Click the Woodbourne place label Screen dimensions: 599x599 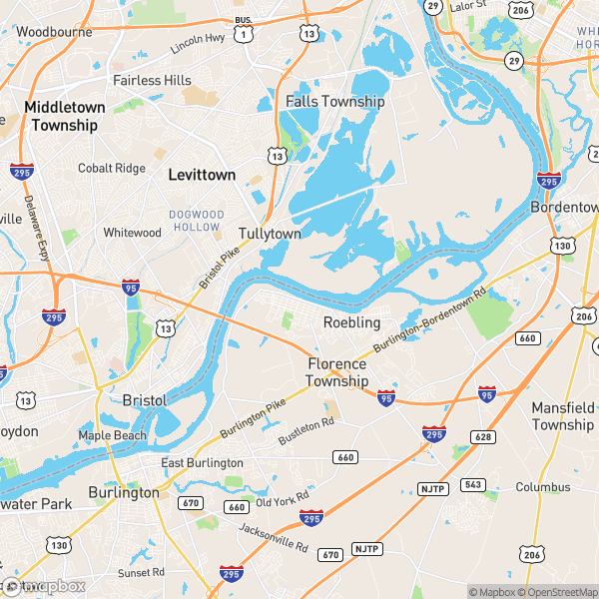click(x=54, y=32)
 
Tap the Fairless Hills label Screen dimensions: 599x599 click(x=152, y=80)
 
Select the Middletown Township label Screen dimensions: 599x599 click(x=64, y=116)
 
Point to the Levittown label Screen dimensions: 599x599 click(x=202, y=175)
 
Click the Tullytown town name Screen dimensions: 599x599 click(x=270, y=234)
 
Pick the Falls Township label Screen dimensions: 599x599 click(x=334, y=102)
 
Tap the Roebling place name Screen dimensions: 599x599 click(x=351, y=322)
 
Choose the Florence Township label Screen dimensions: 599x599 click(x=336, y=372)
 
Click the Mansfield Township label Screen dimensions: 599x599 click(x=562, y=416)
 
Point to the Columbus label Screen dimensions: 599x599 click(x=543, y=487)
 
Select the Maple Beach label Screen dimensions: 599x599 click(x=113, y=435)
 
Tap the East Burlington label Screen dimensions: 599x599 click(x=203, y=463)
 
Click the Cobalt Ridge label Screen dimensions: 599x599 click(x=112, y=168)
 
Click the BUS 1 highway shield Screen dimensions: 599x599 click(x=243, y=31)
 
